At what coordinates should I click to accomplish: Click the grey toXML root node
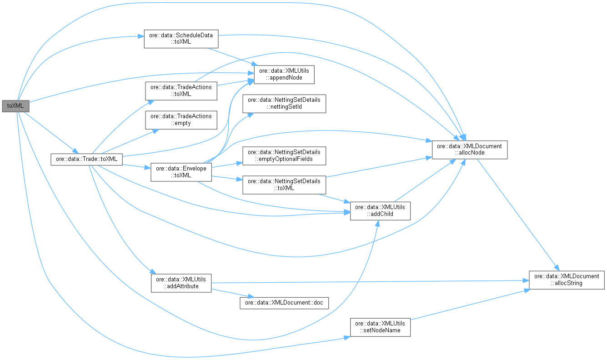tap(16, 106)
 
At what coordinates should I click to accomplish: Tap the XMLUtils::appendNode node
tap(284, 75)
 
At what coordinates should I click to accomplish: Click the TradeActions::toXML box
tap(181, 90)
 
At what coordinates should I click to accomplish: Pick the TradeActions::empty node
tap(181, 120)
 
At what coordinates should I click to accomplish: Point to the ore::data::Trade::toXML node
tap(86, 159)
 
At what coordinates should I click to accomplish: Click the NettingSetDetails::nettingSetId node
tap(284, 103)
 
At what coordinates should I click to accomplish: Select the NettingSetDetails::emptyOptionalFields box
tap(284, 155)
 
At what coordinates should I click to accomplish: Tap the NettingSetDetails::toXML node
tap(284, 184)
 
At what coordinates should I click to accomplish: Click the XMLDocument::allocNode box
tap(469, 150)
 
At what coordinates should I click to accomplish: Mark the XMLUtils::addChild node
tap(380, 210)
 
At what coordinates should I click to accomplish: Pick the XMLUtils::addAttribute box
tap(181, 282)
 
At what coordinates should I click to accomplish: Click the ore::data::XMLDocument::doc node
tap(284, 303)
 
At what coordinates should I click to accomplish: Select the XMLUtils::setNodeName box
tap(380, 327)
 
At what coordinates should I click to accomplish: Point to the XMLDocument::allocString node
tap(567, 279)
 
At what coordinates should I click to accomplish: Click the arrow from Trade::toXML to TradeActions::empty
tap(132, 140)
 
